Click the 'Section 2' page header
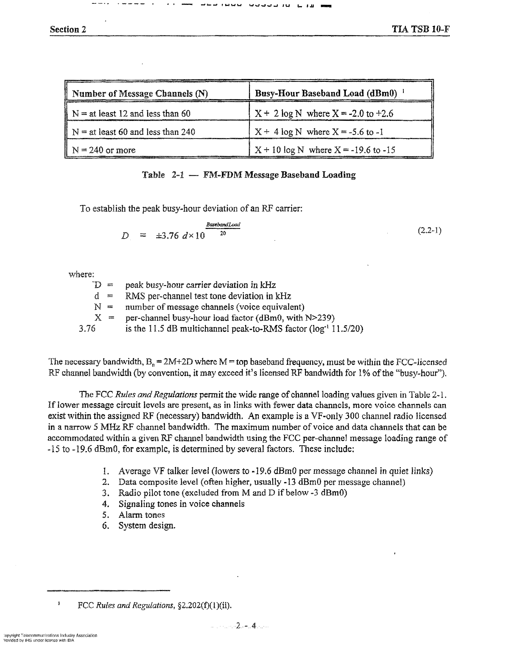tap(68, 30)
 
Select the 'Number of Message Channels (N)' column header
tap(140, 94)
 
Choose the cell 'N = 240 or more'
tap(104, 150)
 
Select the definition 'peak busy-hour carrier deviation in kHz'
tap(200, 285)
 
